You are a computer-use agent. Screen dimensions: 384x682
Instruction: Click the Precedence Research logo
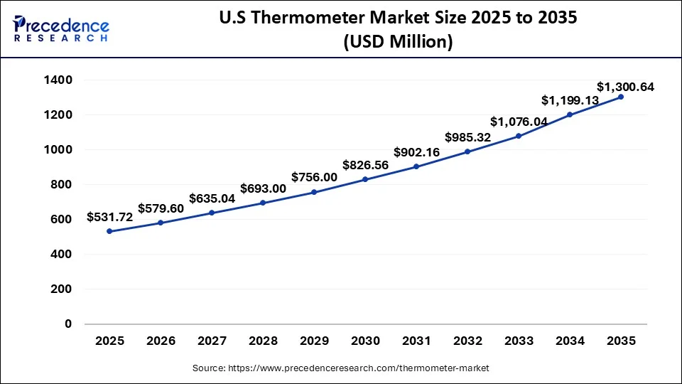click(60, 28)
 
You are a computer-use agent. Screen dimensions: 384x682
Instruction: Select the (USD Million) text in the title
click(398, 43)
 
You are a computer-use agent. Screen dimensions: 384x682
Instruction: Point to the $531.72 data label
click(110, 217)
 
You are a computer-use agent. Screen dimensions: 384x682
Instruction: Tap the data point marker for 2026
click(161, 223)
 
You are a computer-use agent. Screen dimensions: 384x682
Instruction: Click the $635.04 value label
click(212, 198)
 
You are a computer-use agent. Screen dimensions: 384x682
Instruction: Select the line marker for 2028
click(263, 203)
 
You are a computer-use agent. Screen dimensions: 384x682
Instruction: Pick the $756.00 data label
click(314, 177)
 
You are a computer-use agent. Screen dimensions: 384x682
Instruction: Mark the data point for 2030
click(365, 179)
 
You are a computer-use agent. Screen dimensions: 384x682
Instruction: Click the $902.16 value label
click(416, 151)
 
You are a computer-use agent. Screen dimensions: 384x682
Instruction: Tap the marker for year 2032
click(467, 151)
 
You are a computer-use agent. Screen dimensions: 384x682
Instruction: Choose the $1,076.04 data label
click(519, 122)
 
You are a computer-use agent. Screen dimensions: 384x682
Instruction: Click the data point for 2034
click(570, 114)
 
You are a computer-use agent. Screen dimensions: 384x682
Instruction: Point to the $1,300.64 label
click(625, 87)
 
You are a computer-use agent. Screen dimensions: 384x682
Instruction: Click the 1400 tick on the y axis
click(58, 80)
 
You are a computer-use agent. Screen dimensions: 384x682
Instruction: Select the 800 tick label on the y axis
click(61, 185)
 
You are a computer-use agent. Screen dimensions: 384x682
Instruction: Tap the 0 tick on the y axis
click(68, 324)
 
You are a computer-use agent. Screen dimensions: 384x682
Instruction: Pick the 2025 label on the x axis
click(109, 341)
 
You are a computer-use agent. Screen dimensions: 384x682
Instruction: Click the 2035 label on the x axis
click(621, 341)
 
